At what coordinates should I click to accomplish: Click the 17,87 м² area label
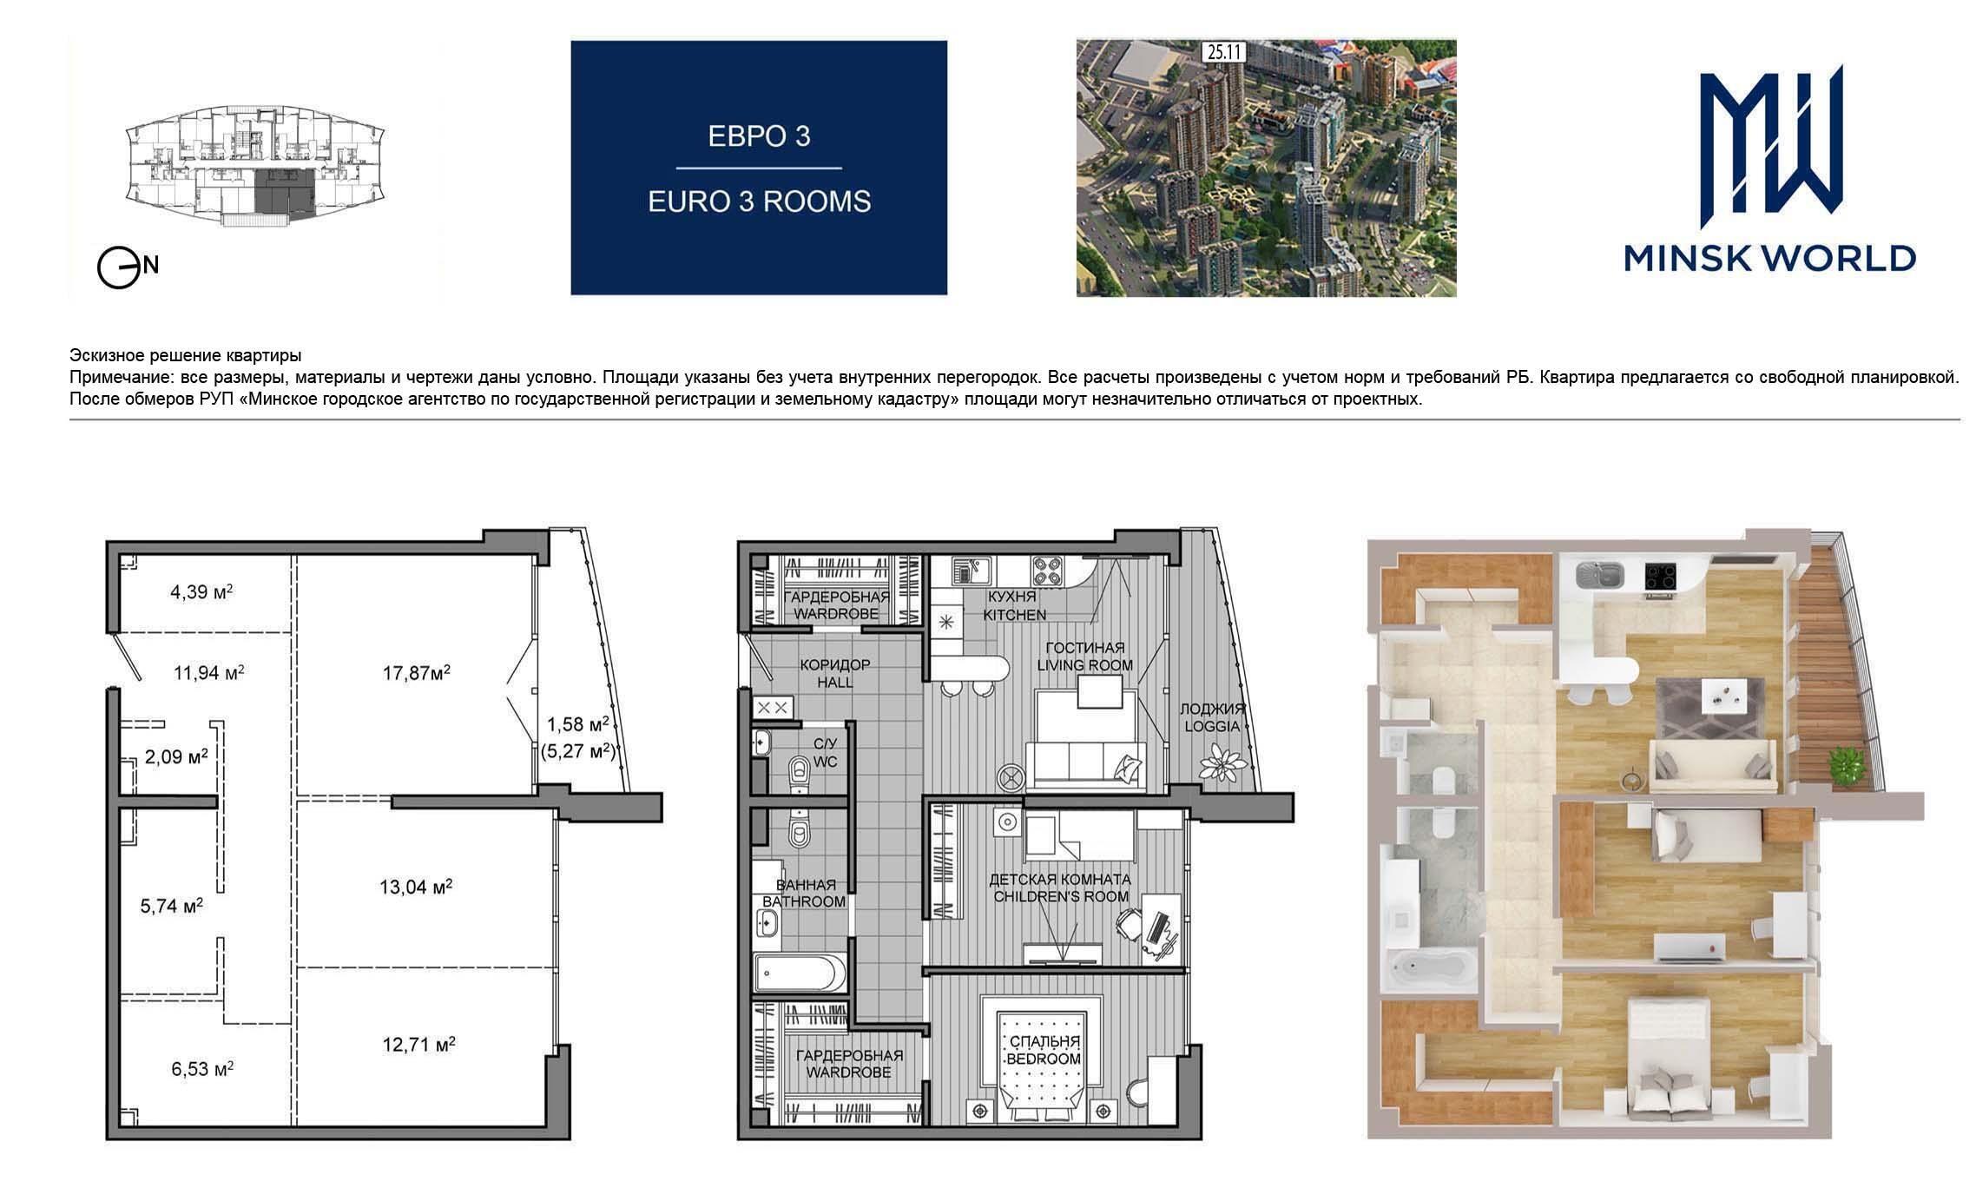point(417,672)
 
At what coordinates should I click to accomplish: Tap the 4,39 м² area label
point(201,592)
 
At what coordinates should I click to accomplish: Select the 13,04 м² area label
point(416,887)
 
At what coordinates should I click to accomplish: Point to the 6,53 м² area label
point(202,1069)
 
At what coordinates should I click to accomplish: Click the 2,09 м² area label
point(176,756)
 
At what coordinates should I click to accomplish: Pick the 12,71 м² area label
point(419,1044)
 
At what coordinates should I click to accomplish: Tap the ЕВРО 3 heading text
point(759,137)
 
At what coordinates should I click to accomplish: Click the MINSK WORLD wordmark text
point(1770,258)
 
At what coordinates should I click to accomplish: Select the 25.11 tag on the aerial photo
point(1223,52)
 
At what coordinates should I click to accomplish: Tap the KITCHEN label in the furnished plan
point(1014,614)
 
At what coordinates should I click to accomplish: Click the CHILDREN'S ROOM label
point(1060,896)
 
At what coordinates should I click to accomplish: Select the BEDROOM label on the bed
point(1044,1059)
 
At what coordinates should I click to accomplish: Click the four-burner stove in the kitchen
point(1049,571)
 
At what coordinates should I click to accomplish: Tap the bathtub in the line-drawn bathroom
point(800,973)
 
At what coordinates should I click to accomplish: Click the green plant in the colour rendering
point(1846,766)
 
